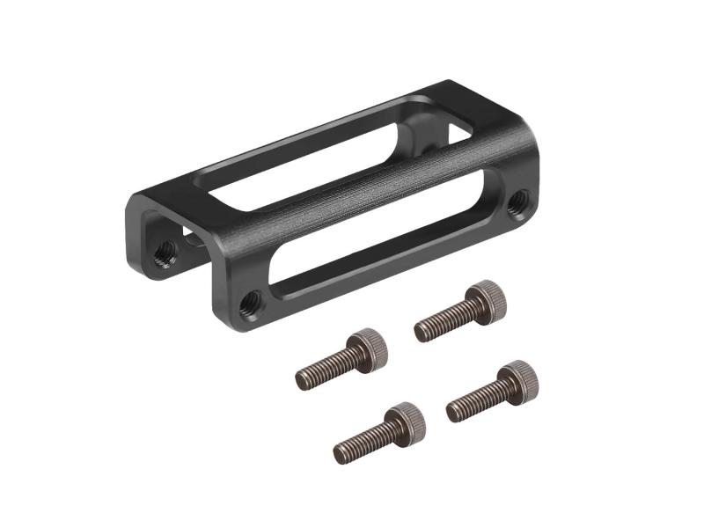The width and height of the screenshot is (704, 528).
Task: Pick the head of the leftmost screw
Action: point(368,347)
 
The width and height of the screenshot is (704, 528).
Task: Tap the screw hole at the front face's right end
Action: point(520,200)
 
